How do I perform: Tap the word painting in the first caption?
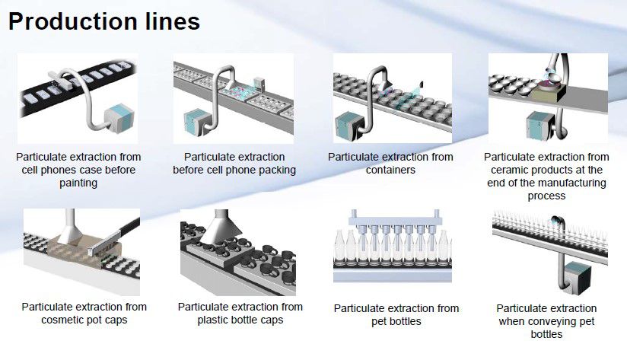pos(78,183)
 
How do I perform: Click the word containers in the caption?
pos(390,170)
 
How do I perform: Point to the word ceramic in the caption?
pos(512,170)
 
